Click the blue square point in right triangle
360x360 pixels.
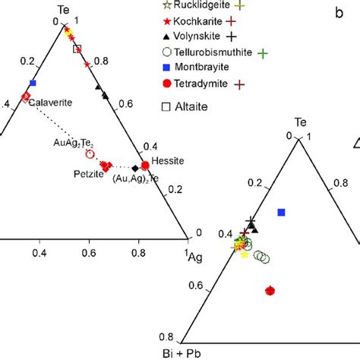(x=282, y=212)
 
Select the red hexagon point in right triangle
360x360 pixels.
(x=270, y=290)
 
